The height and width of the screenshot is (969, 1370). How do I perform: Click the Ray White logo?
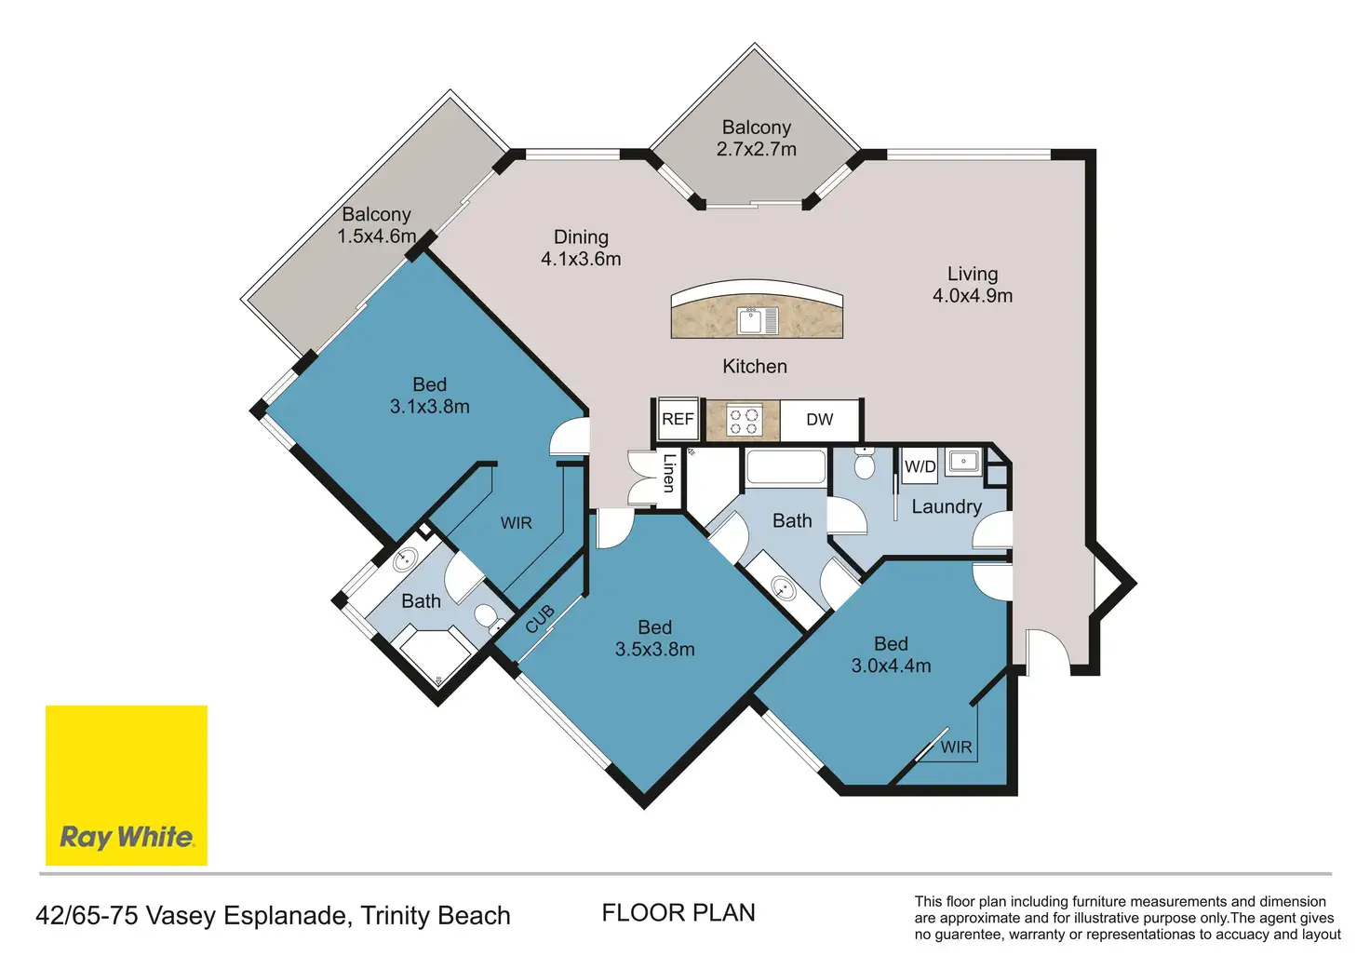tap(127, 785)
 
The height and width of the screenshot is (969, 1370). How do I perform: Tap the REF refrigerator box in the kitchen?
tap(678, 419)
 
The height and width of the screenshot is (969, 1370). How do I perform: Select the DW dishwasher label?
tap(820, 420)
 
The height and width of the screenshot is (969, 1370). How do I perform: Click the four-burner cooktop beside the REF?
tap(744, 421)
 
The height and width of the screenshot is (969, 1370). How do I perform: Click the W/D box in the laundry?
tap(920, 466)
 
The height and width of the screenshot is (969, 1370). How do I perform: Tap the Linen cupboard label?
tap(669, 473)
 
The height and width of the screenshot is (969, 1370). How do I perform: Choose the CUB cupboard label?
tap(540, 618)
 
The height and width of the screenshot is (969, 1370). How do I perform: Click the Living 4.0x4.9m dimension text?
tap(973, 285)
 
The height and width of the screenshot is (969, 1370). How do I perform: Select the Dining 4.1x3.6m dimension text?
tap(581, 248)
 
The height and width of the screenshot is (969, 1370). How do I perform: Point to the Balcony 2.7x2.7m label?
tap(757, 138)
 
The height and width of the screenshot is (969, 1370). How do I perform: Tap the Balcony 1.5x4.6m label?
tap(377, 225)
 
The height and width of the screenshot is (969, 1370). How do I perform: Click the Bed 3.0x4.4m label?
tap(891, 654)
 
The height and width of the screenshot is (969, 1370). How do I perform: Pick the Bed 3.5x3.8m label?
tap(655, 638)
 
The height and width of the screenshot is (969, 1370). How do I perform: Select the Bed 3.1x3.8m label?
tap(430, 396)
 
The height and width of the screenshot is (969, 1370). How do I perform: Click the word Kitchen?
tap(755, 367)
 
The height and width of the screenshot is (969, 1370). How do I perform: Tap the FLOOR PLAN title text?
tap(678, 913)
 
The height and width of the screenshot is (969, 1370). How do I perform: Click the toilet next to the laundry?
tap(865, 463)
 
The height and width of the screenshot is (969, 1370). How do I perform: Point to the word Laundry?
tap(947, 507)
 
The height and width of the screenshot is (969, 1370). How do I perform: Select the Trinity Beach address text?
tap(436, 916)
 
